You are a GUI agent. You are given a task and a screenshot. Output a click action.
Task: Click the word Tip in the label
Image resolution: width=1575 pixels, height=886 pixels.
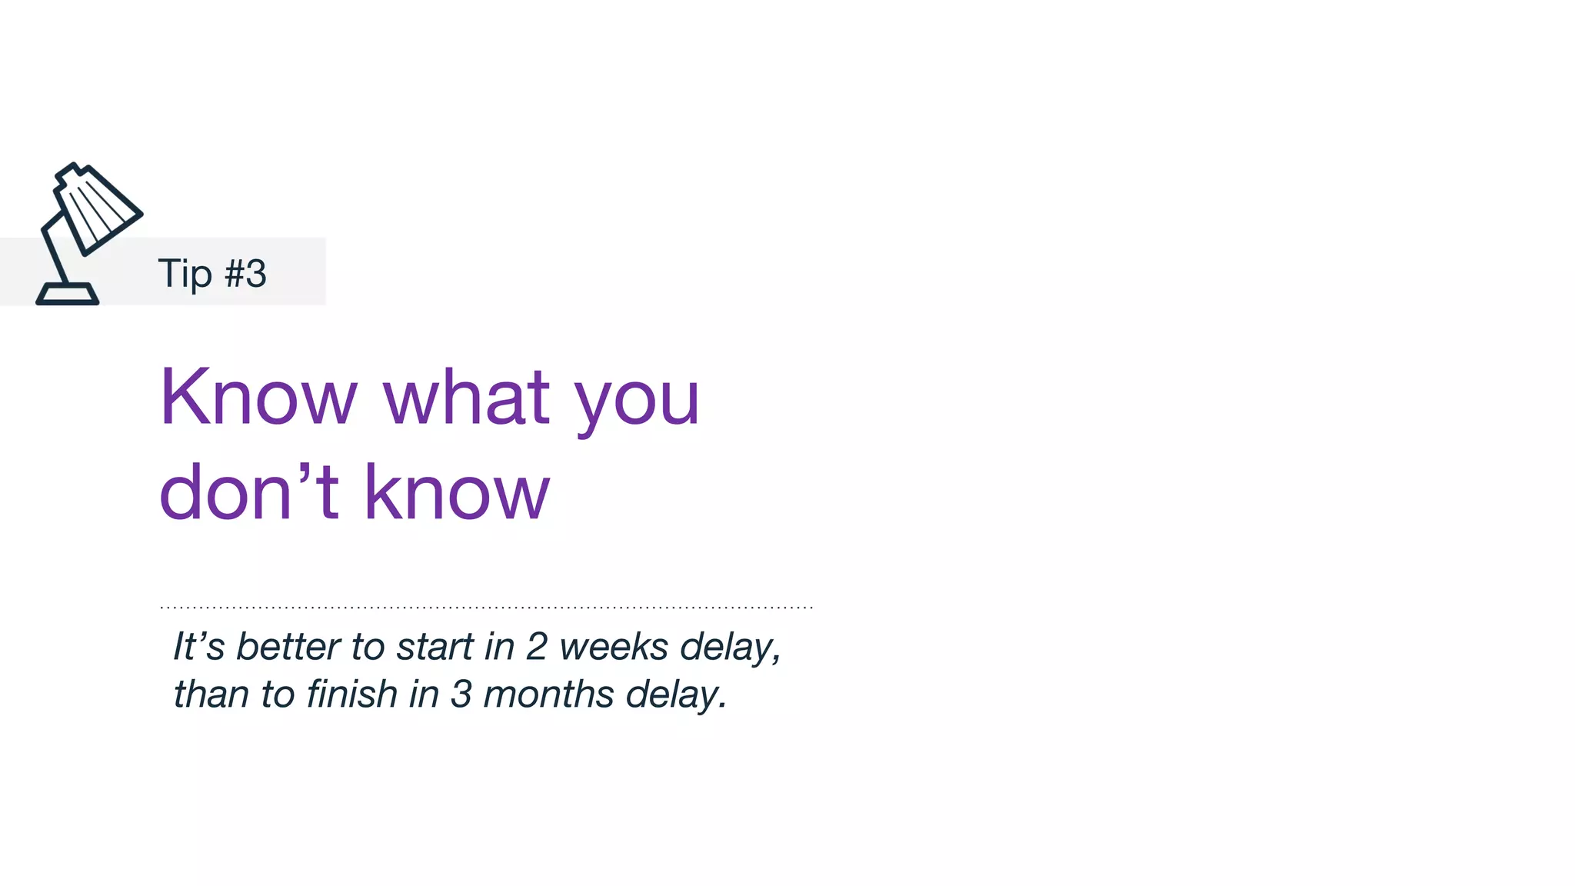point(185,274)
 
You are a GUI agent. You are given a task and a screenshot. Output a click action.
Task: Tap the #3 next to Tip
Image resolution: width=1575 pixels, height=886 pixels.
point(245,274)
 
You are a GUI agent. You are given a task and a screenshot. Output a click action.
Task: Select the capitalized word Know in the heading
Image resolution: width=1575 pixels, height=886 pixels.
point(258,398)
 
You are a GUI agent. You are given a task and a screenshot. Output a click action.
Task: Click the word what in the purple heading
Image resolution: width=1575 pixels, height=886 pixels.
point(466,398)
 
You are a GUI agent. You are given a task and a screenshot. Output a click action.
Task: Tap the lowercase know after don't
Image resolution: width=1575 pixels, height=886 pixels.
point(457,492)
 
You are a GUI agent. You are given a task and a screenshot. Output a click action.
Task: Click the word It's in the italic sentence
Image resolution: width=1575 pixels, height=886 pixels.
point(198,646)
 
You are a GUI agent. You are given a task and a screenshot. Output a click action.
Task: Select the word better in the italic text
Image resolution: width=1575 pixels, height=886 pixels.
point(288,646)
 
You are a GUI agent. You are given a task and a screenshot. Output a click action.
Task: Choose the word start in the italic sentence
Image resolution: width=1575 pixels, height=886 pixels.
point(435,647)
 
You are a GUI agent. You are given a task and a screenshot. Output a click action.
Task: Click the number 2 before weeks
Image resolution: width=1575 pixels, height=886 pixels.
point(537,646)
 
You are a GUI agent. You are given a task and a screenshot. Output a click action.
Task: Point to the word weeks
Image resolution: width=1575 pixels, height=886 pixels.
point(614,646)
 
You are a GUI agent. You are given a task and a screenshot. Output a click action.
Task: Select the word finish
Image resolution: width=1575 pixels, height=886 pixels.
point(351,694)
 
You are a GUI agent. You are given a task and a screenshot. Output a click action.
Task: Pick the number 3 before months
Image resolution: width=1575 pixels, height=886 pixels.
point(461,694)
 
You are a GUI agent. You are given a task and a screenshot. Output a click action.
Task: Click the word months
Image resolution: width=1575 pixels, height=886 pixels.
point(548,694)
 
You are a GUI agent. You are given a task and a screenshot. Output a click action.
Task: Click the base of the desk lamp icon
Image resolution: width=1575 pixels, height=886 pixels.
point(68,295)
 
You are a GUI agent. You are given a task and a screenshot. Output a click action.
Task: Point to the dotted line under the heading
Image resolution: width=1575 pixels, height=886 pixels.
point(486,608)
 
